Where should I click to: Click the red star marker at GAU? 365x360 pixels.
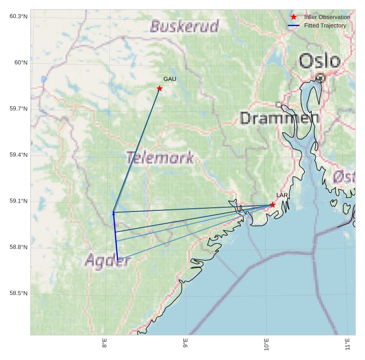pyautogui.click(x=160, y=88)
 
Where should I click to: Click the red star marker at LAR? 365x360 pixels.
pyautogui.click(x=273, y=205)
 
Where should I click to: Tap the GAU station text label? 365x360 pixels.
pyautogui.click(x=170, y=79)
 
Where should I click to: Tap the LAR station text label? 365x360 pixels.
pyautogui.click(x=282, y=196)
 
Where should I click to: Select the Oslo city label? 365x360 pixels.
pyautogui.click(x=320, y=61)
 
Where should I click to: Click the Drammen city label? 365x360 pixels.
pyautogui.click(x=279, y=118)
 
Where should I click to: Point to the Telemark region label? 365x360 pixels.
pyautogui.click(x=160, y=158)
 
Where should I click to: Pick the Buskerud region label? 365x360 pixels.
pyautogui.click(x=184, y=26)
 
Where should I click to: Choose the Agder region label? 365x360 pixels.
pyautogui.click(x=107, y=260)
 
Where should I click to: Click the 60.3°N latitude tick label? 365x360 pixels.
pyautogui.click(x=18, y=16)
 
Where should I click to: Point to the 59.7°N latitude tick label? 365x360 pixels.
pyautogui.click(x=18, y=109)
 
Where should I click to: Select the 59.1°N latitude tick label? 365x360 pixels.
pyautogui.click(x=18, y=201)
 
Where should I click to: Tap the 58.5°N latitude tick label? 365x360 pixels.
pyautogui.click(x=18, y=293)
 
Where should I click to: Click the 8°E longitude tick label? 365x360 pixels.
pyautogui.click(x=105, y=344)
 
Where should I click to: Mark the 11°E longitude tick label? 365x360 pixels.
pyautogui.click(x=347, y=344)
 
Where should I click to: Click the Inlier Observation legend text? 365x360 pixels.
pyautogui.click(x=327, y=17)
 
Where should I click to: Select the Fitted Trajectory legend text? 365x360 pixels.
pyautogui.click(x=325, y=25)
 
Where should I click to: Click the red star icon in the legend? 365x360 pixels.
pyautogui.click(x=294, y=17)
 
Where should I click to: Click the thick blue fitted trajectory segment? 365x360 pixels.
pyautogui.click(x=115, y=236)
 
